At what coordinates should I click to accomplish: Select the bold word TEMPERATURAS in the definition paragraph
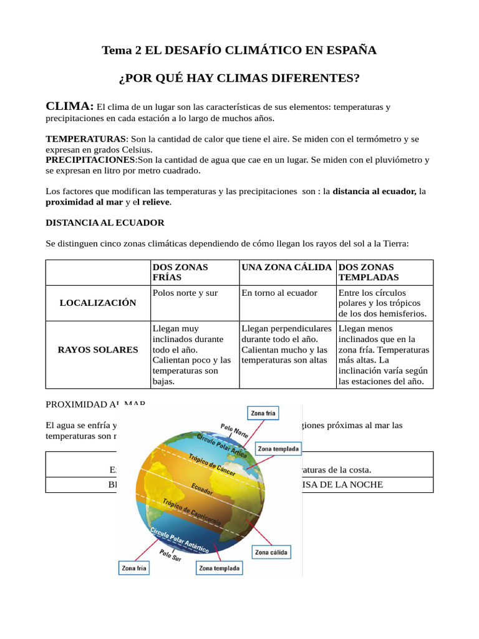[x=86, y=139]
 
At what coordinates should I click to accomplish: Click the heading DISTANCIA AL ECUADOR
[x=105, y=222]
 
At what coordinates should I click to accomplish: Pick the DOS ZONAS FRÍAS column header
[x=180, y=272]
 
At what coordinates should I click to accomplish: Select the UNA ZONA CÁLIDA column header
[x=286, y=267]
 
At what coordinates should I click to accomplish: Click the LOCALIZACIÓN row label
[x=97, y=303]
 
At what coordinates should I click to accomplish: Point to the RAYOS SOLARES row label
[x=97, y=349]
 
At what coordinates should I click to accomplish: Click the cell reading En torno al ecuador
[x=279, y=293]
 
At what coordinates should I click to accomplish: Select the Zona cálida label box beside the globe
[x=271, y=552]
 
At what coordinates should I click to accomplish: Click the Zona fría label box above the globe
[x=263, y=413]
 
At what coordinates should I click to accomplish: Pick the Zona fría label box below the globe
[x=134, y=568]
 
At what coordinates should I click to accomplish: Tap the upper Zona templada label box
[x=279, y=449]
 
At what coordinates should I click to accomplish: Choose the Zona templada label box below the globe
[x=219, y=568]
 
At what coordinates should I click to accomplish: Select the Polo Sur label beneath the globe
[x=170, y=555]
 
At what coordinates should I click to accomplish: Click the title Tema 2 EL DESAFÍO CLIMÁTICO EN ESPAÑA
[x=239, y=51]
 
